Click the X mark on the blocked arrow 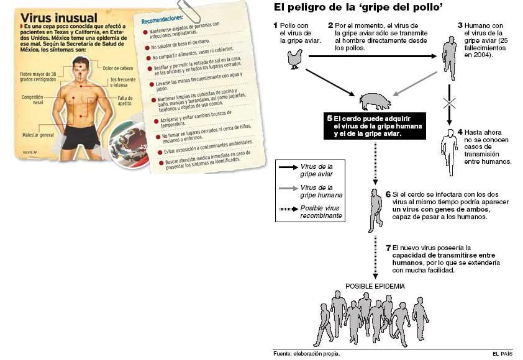(x=449, y=104)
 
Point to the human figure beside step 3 (x=450, y=58)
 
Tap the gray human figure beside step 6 (x=376, y=209)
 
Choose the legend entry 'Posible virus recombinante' (x=320, y=210)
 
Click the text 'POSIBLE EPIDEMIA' (x=375, y=286)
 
